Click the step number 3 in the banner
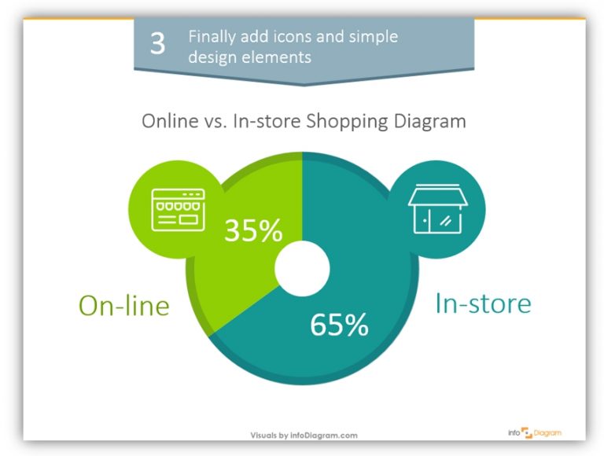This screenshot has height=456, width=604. pos(157,44)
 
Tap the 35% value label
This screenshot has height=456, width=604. pos(252,230)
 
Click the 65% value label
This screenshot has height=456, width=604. pos(339,325)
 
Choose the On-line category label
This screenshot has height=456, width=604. pos(123,305)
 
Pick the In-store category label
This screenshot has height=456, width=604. pos(483,303)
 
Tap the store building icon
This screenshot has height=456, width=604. pos(437,208)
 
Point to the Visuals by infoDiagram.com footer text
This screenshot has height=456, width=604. pos(304,435)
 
